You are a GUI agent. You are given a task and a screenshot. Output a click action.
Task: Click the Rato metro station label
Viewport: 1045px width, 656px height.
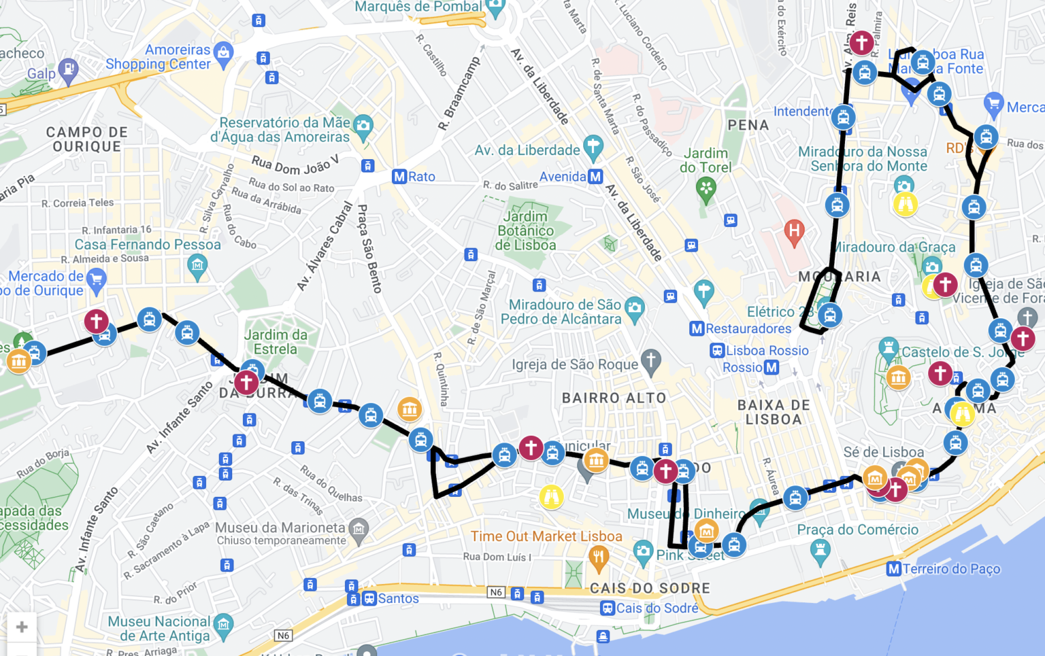(421, 177)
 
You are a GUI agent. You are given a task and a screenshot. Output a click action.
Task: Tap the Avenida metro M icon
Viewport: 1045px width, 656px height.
(595, 177)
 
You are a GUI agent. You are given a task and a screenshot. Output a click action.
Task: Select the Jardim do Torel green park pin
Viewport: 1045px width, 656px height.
(706, 189)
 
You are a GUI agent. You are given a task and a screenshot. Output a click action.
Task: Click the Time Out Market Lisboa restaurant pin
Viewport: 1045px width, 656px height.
(599, 558)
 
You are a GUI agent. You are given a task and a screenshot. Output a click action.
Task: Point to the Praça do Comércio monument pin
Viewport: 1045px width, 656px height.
(820, 551)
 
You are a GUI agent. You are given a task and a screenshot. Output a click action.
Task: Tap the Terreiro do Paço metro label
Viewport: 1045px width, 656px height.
(951, 569)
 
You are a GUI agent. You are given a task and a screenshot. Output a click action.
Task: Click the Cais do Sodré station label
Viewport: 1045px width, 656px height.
(657, 608)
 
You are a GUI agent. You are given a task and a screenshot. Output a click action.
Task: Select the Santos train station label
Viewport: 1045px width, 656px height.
(398, 599)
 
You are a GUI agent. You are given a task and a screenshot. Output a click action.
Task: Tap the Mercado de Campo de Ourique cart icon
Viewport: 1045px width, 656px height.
(97, 279)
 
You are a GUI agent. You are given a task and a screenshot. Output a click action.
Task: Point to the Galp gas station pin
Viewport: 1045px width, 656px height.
(68, 69)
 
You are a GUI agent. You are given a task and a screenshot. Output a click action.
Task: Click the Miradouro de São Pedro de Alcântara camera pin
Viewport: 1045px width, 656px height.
(634, 307)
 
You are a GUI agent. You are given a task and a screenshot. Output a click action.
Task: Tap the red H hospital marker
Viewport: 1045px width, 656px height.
(793, 231)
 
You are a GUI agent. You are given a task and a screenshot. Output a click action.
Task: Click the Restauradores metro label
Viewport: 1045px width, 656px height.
(748, 329)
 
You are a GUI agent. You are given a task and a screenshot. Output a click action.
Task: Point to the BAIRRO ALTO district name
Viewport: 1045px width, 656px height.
(614, 398)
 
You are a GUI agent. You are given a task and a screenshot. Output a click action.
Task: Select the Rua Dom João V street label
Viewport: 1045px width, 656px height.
(295, 165)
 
